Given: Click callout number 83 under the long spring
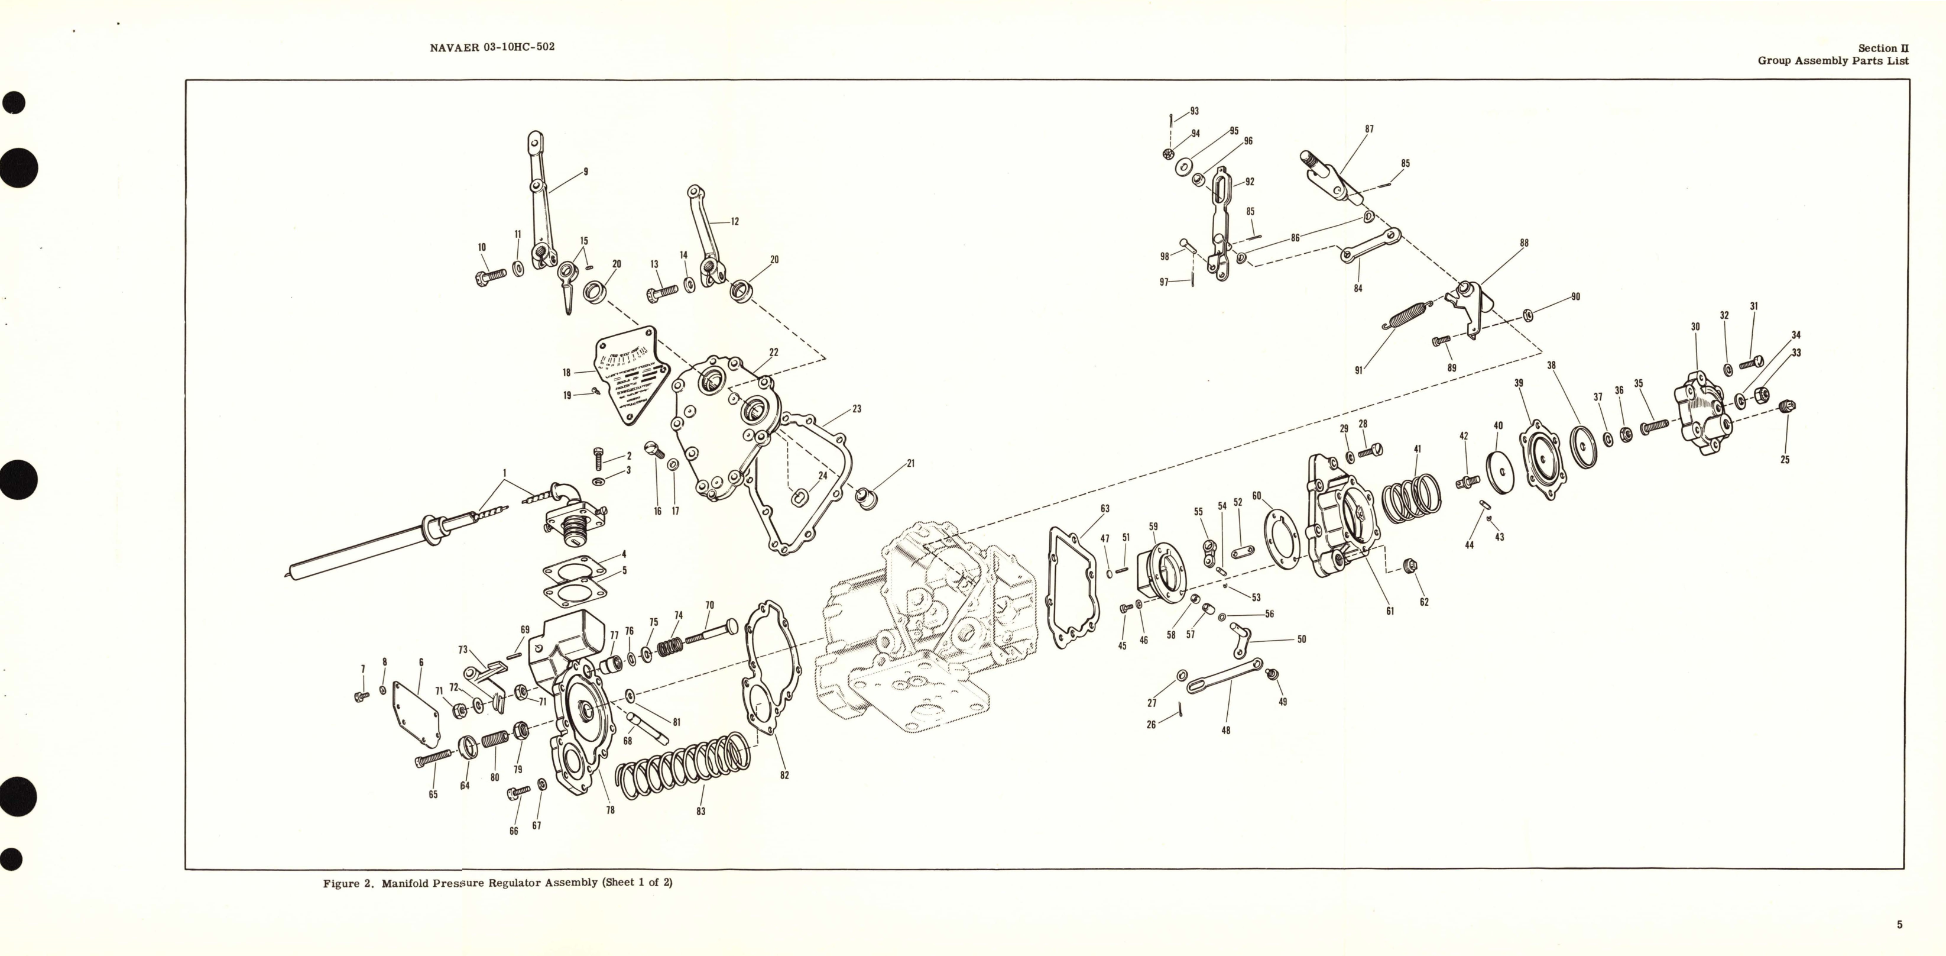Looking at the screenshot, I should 700,812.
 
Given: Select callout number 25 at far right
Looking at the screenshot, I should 1785,460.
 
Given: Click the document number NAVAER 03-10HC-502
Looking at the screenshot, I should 492,47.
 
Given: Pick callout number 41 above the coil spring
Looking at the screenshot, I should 1417,449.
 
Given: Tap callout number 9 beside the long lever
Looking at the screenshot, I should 585,172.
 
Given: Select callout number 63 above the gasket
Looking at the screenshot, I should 1104,509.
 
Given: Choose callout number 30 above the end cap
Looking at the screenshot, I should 1695,327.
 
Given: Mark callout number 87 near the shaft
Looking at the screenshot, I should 1369,129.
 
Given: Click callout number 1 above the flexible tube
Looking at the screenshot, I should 505,473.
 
